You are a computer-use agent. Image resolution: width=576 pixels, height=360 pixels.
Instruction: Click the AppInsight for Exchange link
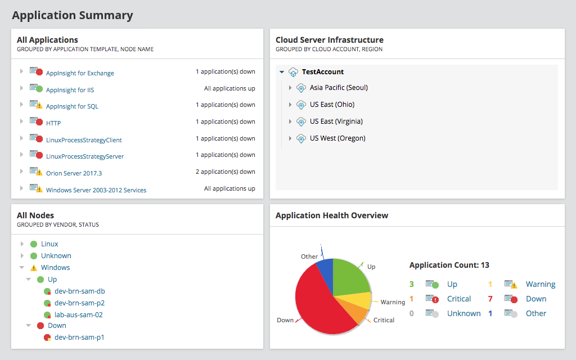point(80,73)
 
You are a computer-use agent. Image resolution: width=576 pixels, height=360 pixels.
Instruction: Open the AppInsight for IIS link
point(69,90)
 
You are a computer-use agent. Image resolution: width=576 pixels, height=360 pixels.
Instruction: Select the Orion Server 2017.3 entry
point(74,173)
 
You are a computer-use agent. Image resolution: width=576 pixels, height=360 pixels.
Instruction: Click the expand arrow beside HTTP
point(21,121)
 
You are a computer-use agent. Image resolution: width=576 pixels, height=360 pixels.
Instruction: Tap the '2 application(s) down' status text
point(225,172)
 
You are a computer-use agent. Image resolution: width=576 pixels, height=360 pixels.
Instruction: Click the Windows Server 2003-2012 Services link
point(96,190)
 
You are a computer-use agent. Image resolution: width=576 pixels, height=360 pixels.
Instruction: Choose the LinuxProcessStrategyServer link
point(85,156)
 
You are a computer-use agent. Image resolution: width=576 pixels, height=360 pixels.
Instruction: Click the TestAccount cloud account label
point(323,72)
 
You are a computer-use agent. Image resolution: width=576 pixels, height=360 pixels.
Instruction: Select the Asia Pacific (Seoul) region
point(339,88)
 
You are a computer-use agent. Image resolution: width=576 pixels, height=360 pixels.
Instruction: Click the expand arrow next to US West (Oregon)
point(290,138)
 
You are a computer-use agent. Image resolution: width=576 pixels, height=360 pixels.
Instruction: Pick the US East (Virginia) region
point(336,121)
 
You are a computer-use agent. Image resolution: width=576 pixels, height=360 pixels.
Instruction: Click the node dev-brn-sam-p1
point(79,337)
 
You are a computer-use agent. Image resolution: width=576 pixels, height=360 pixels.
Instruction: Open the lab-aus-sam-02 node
point(78,315)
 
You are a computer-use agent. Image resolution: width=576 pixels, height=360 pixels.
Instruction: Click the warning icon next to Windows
point(34,268)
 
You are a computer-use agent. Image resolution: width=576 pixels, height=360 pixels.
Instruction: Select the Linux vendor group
point(49,244)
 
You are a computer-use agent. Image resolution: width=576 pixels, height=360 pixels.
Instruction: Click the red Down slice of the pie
point(315,304)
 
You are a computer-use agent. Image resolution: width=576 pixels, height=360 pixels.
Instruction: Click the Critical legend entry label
point(459,299)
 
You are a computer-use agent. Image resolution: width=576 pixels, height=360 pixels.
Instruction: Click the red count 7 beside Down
point(490,299)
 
